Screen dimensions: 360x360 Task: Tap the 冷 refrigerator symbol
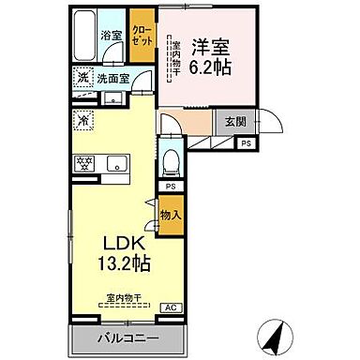(83, 119)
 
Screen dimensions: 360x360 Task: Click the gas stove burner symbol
(82, 161)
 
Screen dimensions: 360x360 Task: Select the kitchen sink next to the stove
(120, 161)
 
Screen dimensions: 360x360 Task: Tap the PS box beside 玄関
(246, 143)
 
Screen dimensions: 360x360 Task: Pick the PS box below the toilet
(170, 187)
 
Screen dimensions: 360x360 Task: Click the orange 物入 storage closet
(171, 216)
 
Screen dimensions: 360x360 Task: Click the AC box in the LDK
(171, 307)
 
